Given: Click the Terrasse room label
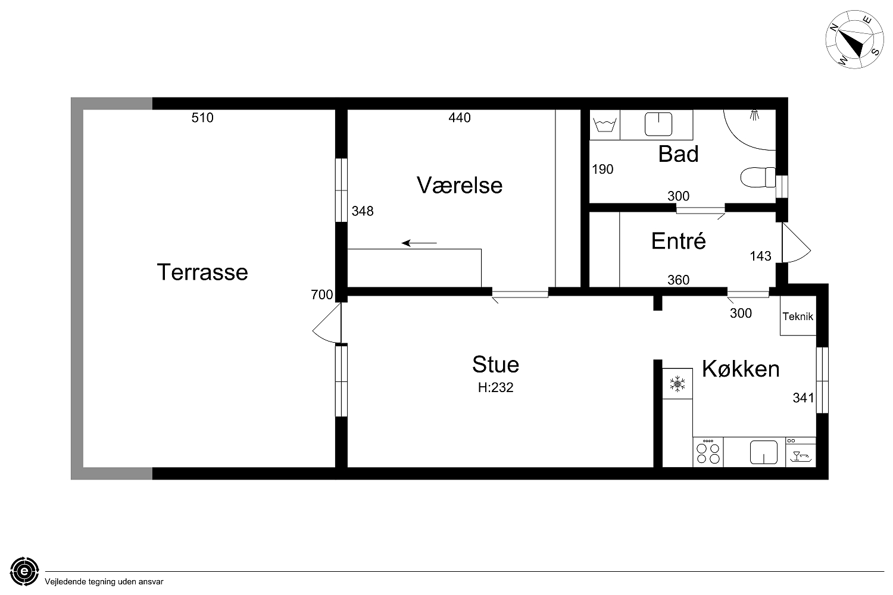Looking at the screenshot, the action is point(202,272).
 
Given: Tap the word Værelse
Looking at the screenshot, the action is point(460,185).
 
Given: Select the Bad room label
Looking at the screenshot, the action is point(678,154).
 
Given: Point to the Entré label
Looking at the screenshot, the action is point(678,241).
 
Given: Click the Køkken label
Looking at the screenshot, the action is point(741,369).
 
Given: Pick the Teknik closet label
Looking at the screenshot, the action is point(798,317).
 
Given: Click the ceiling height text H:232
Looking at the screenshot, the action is point(495,387).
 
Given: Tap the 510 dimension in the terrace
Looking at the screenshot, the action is point(202,118).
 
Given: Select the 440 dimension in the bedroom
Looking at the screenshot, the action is point(460,118).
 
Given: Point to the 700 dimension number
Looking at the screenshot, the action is point(321,295).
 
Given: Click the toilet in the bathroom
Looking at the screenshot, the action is point(758,177).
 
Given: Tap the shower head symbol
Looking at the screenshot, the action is point(754,115).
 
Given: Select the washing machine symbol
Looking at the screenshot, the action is point(605,125).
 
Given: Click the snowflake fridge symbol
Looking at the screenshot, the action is point(677,384).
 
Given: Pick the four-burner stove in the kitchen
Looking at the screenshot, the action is point(708,452).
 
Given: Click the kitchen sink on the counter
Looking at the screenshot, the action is point(763,452).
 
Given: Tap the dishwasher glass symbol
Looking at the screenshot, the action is point(801,456).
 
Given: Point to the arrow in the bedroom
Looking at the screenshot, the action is point(419,243).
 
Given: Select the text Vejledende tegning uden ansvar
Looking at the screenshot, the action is point(104,582).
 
